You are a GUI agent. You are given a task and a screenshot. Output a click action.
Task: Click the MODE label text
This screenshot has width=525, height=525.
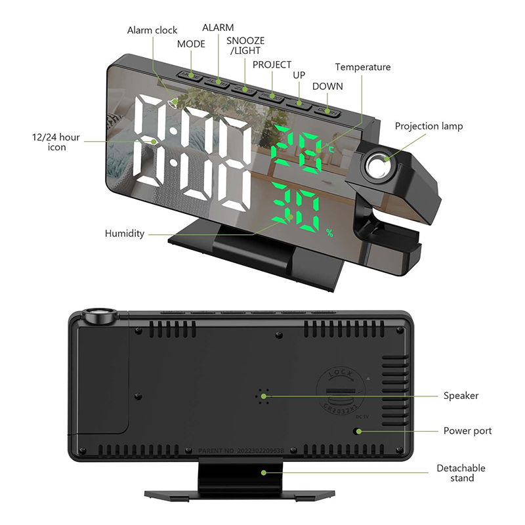(191, 44)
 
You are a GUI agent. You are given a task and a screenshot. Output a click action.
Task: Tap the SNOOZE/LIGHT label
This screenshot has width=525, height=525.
(245, 45)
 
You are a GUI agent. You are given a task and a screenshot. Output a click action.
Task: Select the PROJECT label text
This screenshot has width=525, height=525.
(272, 65)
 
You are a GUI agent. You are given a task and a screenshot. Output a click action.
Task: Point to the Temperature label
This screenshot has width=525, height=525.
(362, 67)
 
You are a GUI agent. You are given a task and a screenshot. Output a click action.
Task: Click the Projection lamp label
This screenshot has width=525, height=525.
(429, 126)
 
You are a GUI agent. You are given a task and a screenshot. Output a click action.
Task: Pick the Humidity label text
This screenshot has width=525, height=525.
(124, 234)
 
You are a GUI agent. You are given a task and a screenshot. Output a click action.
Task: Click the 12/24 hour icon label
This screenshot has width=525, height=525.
(56, 142)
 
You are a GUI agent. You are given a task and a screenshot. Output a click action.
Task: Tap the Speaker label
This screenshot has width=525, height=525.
(461, 396)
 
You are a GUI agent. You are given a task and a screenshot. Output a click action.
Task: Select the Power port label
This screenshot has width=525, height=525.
(467, 431)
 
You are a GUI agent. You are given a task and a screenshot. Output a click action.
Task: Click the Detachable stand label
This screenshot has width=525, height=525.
(461, 473)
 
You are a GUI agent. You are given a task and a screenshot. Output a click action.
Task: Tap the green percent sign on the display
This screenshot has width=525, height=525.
(330, 232)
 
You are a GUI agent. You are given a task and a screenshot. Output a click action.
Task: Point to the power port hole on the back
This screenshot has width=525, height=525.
(358, 431)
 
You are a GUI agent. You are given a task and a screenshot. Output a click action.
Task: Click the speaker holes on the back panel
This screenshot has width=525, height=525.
(264, 396)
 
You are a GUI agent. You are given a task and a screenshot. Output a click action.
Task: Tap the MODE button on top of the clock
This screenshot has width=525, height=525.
(192, 76)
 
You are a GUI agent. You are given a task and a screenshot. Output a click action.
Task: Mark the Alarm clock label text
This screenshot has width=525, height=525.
(152, 30)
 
